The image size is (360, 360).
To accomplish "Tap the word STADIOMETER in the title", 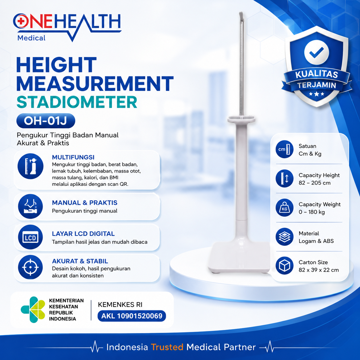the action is point(77,102).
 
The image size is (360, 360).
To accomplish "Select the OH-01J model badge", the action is point(46,121).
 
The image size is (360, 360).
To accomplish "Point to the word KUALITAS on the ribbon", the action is point(317,74).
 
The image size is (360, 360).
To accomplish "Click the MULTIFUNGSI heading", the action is point(73,157).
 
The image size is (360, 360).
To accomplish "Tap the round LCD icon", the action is point(30,237).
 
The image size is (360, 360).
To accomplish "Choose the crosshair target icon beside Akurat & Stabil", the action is point(30,267).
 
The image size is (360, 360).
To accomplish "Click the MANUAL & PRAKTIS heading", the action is point(85,203).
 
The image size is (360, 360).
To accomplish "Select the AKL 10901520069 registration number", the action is point(132,316).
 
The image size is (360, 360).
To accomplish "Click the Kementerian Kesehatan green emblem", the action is point(33,309).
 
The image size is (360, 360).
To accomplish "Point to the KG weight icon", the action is point(284,208).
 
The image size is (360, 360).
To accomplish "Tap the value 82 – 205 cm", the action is point(315,183).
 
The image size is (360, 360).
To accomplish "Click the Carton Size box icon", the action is point(284,266).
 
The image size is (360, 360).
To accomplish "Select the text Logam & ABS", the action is point(316,241).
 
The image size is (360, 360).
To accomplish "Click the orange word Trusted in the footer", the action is point(167,347).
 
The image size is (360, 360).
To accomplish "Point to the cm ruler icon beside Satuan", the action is point(284,149).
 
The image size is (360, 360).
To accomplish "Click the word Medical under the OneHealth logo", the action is point(31,38).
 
